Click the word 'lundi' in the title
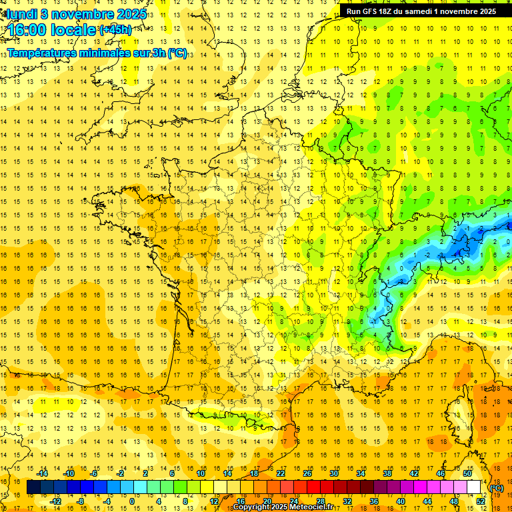(x=21, y=13)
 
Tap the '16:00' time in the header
(x=27, y=30)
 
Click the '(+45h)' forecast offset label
(x=115, y=29)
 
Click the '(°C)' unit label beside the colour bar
(x=496, y=489)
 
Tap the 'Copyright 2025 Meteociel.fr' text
(x=283, y=507)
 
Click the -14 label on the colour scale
(x=43, y=473)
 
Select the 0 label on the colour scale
(x=131, y=501)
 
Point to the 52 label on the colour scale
(x=480, y=501)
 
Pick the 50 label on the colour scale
(x=467, y=473)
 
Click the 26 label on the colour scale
(x=307, y=473)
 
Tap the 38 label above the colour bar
(x=387, y=473)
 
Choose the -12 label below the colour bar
(x=56, y=501)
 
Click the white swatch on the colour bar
(x=473, y=487)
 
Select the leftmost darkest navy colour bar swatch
(x=33, y=487)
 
